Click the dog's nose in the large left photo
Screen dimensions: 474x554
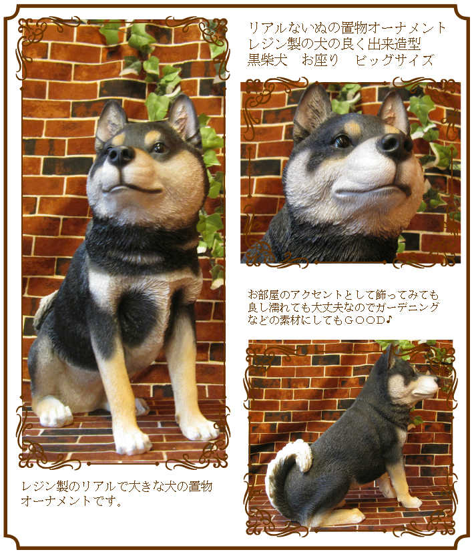tap(121, 156)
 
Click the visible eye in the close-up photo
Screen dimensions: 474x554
tap(343, 142)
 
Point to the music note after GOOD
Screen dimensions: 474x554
tap(389, 320)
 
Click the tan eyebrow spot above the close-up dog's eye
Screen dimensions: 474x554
tap(353, 128)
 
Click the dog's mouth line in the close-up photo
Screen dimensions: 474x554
tap(371, 192)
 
